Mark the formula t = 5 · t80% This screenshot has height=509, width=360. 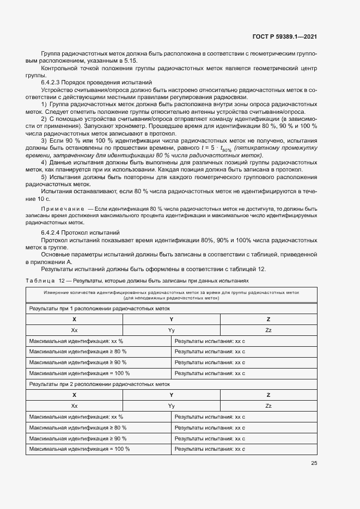[x=216, y=148]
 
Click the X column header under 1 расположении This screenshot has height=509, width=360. [x=74, y=320]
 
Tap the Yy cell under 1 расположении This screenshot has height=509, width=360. [x=171, y=330]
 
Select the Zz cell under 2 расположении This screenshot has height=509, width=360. [x=268, y=406]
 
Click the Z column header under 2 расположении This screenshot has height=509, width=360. [x=268, y=395]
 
